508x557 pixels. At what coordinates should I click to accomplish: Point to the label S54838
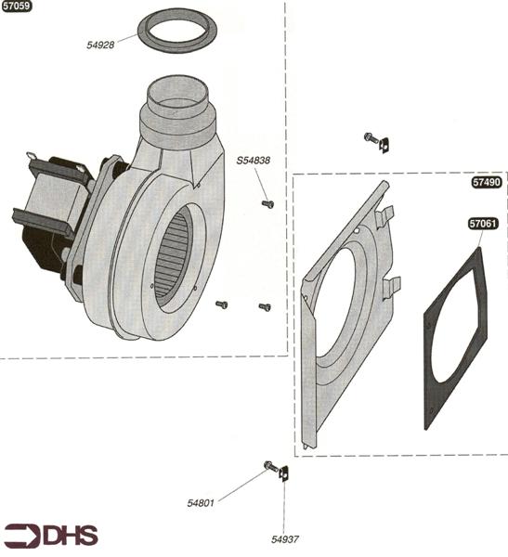[x=253, y=161]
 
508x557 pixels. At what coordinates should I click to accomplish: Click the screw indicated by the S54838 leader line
[x=268, y=202]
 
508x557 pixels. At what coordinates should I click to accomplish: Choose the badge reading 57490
[x=486, y=183]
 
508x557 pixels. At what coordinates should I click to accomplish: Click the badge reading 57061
[x=483, y=224]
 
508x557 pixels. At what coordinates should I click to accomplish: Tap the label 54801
[x=201, y=502]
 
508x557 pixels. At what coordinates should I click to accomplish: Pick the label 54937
[x=286, y=538]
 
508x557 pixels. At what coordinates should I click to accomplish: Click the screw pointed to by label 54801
[x=269, y=465]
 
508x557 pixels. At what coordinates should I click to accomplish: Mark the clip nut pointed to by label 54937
[x=285, y=474]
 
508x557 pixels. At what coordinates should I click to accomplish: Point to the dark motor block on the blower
[x=46, y=218]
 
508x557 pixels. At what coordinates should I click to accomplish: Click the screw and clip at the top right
[x=375, y=141]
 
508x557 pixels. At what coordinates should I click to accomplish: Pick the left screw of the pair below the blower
[x=221, y=304]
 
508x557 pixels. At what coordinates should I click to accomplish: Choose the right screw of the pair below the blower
[x=264, y=305]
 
